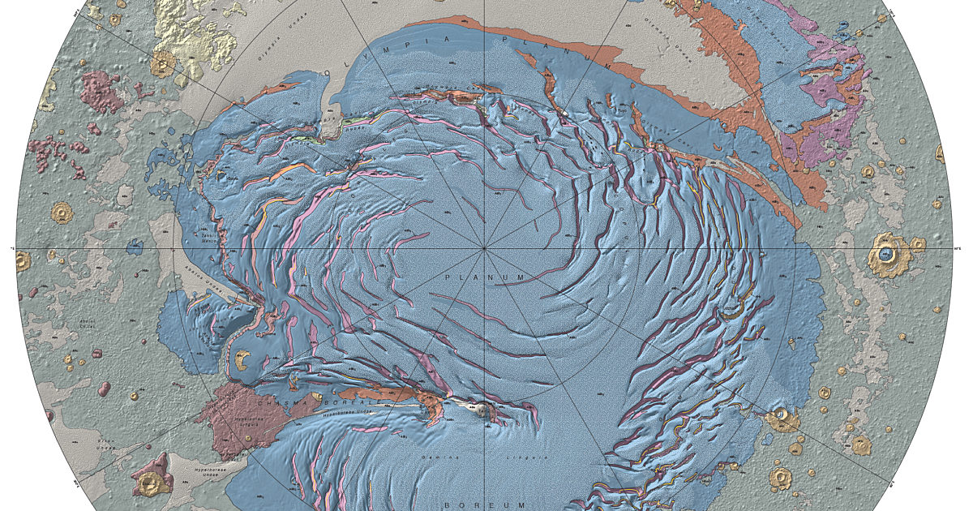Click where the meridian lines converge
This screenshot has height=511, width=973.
(485, 247)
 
